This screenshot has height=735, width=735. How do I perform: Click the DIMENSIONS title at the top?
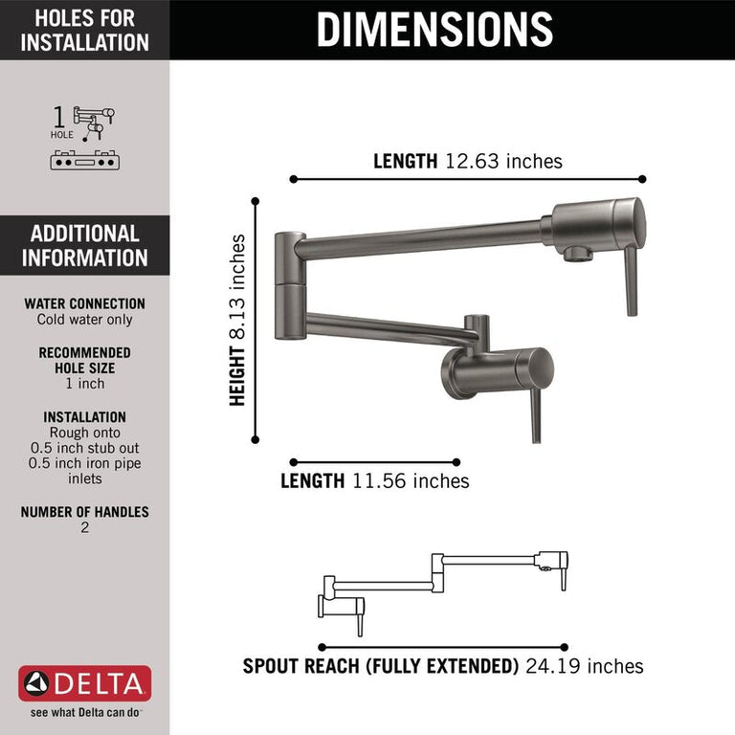pyautogui.click(x=434, y=29)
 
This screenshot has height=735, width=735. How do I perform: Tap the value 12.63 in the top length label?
pyautogui.click(x=472, y=161)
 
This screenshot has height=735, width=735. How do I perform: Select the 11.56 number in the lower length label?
pyautogui.click(x=379, y=481)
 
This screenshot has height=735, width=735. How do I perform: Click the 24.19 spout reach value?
pyautogui.click(x=553, y=666)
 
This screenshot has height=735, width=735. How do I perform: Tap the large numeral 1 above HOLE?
pyautogui.click(x=58, y=117)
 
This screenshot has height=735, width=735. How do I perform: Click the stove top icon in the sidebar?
pyautogui.click(x=85, y=160)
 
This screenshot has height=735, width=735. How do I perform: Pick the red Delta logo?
pyautogui.click(x=85, y=683)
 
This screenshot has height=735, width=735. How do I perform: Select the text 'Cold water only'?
pyautogui.click(x=85, y=320)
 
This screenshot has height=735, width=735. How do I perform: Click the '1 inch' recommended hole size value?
pyautogui.click(x=85, y=384)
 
